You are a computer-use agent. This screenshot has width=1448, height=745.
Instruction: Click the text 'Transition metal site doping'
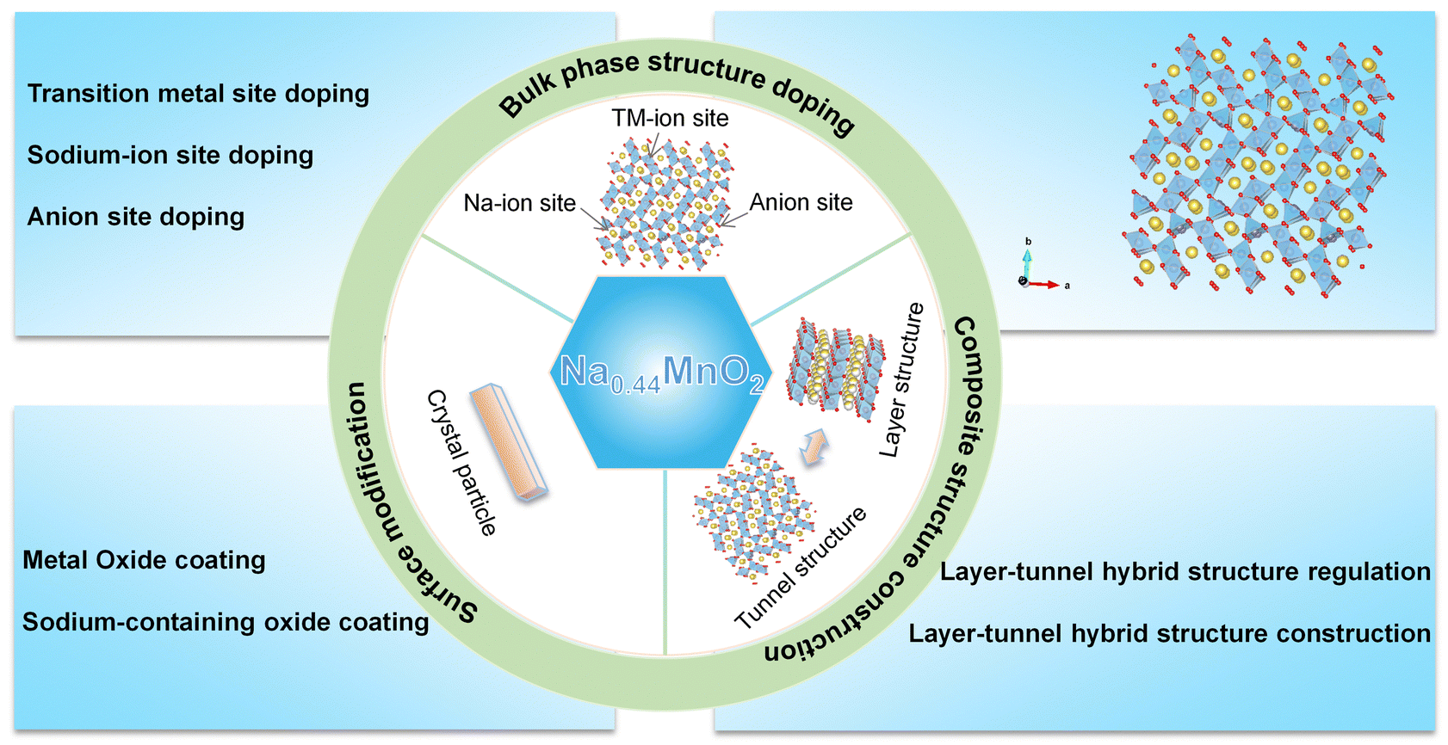click(x=198, y=94)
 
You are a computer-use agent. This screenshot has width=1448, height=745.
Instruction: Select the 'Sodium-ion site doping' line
click(x=170, y=156)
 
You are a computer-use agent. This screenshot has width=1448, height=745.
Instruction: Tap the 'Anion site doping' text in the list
click(x=136, y=217)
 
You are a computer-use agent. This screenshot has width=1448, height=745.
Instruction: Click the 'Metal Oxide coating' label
click(x=144, y=561)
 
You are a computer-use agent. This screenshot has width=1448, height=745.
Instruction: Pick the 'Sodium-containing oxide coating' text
click(x=226, y=622)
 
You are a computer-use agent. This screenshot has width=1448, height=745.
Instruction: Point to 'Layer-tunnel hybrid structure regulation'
click(x=1185, y=572)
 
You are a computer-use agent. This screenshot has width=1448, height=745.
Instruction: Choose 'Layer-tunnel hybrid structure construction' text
click(x=1169, y=634)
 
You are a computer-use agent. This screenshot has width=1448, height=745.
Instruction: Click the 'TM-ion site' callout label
click(x=670, y=119)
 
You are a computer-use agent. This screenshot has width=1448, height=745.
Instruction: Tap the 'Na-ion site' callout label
click(x=519, y=203)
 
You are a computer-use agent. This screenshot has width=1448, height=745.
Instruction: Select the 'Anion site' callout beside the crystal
click(x=801, y=202)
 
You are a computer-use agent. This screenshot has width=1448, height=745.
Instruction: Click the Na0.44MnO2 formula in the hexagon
click(x=661, y=372)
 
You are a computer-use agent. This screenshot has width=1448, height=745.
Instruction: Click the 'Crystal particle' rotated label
click(x=462, y=463)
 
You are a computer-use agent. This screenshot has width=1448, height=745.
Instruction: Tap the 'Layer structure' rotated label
click(x=901, y=379)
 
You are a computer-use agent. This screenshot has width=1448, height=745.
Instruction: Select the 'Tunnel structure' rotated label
click(x=800, y=568)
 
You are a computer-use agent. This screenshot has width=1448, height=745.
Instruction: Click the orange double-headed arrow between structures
click(x=814, y=448)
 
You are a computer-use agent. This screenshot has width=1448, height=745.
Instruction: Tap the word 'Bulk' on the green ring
click(x=526, y=100)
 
